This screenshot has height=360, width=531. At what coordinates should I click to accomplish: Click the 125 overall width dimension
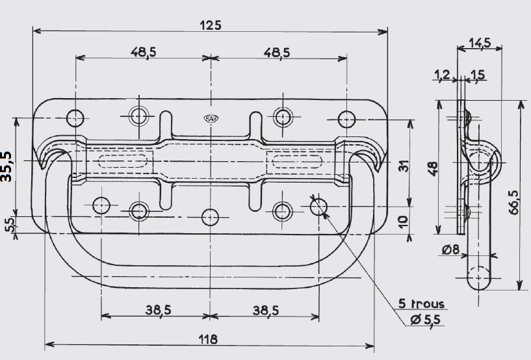211,25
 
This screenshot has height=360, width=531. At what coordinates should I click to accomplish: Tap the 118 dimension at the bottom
208,339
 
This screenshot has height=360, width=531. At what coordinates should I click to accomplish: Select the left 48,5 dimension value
143,53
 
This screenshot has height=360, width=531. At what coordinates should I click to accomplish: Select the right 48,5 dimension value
277,53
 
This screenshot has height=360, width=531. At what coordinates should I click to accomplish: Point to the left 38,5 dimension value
158,310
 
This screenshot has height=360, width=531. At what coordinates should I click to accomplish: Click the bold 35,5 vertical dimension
6,166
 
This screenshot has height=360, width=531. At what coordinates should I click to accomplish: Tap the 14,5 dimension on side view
480,43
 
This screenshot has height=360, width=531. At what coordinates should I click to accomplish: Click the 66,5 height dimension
513,202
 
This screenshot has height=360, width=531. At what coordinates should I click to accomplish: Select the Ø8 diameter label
451,250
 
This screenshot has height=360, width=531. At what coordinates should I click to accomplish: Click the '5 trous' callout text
421,303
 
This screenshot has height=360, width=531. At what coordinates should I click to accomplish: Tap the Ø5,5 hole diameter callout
426,320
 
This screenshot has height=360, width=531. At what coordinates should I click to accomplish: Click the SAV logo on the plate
211,118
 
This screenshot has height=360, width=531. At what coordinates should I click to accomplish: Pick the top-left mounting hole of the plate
75,118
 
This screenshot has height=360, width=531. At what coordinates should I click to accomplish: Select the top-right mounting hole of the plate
346,119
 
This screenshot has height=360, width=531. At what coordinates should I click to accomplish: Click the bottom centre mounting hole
211,217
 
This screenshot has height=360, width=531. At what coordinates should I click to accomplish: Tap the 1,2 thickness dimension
442,75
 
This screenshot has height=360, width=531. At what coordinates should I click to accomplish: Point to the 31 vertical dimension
404,166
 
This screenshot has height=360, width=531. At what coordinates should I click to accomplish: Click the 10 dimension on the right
403,222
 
